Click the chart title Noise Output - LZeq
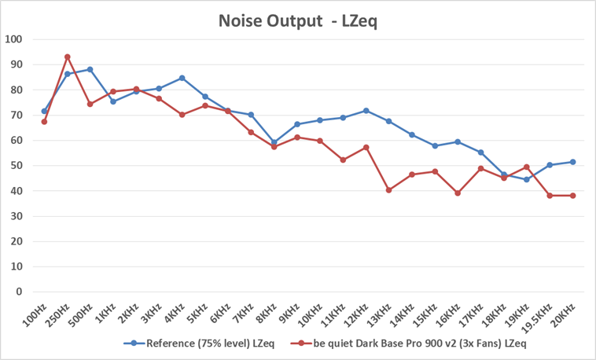298,21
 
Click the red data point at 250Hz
68,57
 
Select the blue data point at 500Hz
90,69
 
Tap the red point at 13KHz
388,189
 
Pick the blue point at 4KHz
182,78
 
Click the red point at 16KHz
458,193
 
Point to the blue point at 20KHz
572,162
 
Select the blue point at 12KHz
366,111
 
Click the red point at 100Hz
44,122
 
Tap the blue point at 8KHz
274,142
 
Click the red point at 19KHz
526,167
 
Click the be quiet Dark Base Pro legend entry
408,343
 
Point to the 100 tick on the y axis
14,39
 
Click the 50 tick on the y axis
17,165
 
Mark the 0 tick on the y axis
20,292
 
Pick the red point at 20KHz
572,195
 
